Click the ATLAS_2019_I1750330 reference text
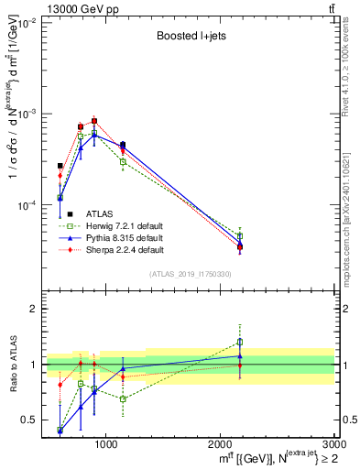191,274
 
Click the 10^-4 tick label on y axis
25,205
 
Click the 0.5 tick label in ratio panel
28,420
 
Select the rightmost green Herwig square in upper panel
240,236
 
